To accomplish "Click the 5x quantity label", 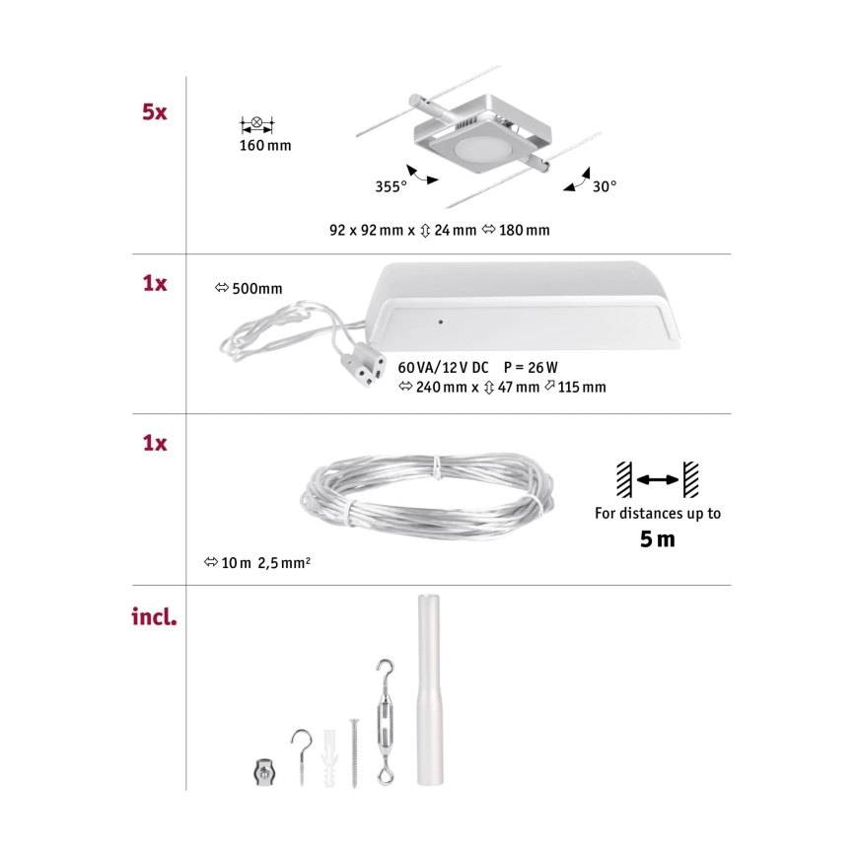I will click(x=153, y=112).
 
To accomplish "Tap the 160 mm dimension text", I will click(x=265, y=147).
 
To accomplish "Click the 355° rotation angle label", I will click(x=391, y=186).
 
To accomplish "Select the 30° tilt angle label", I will click(x=604, y=186).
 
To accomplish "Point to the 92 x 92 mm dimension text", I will click(x=367, y=230).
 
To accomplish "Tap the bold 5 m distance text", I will click(x=658, y=539).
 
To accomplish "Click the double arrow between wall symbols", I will click(x=657, y=479).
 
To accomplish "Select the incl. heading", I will click(x=154, y=619).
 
